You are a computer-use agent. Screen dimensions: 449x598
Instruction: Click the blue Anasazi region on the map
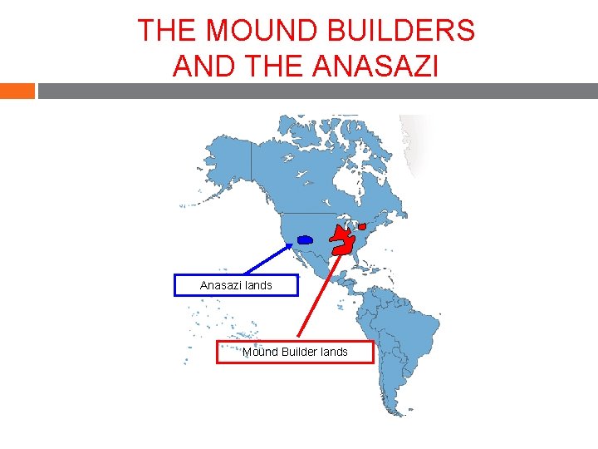(x=305, y=239)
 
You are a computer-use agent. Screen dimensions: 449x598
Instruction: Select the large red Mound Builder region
(x=342, y=242)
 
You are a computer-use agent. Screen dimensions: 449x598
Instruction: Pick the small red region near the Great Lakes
(x=362, y=227)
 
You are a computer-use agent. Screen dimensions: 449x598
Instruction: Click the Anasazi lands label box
(x=235, y=285)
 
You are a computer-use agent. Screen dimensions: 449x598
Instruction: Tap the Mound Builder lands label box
(x=295, y=352)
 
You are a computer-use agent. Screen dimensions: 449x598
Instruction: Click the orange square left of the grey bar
(x=17, y=91)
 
